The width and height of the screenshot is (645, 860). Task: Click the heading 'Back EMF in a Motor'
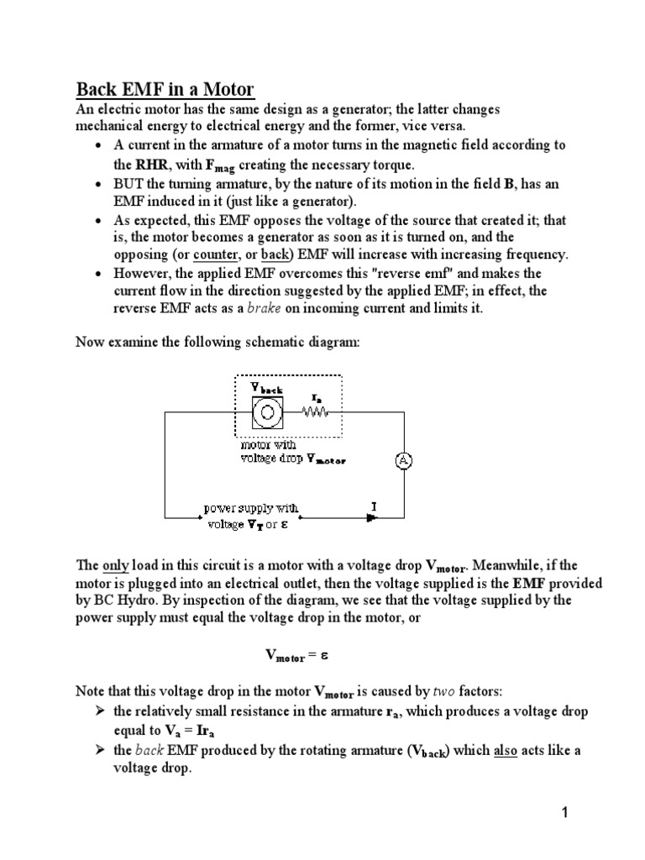point(165,89)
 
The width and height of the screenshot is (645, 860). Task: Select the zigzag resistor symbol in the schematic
point(318,412)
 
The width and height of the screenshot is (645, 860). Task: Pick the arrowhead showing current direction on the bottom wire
point(371,517)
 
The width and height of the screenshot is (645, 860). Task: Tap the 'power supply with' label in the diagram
point(251,509)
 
